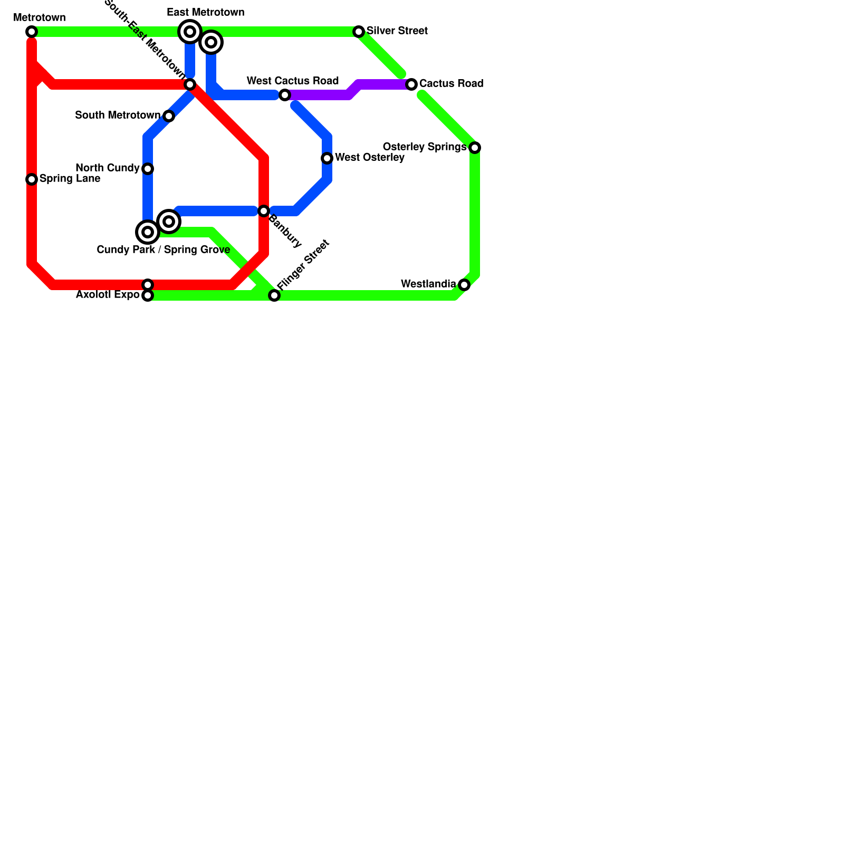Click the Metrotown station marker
32,32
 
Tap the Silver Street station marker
359,32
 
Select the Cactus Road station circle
411,84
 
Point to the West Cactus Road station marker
285,95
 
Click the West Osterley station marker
327,158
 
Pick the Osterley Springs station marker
475,148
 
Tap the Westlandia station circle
464,285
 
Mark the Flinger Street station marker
274,295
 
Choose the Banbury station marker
264,211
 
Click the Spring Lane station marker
32,179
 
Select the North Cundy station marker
148,169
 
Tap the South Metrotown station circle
169,116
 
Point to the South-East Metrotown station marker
190,84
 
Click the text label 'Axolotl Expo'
108,295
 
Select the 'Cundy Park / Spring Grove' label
164,250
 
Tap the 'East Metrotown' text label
206,13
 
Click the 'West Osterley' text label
370,158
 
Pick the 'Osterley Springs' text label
425,147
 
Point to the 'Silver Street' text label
397,31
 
